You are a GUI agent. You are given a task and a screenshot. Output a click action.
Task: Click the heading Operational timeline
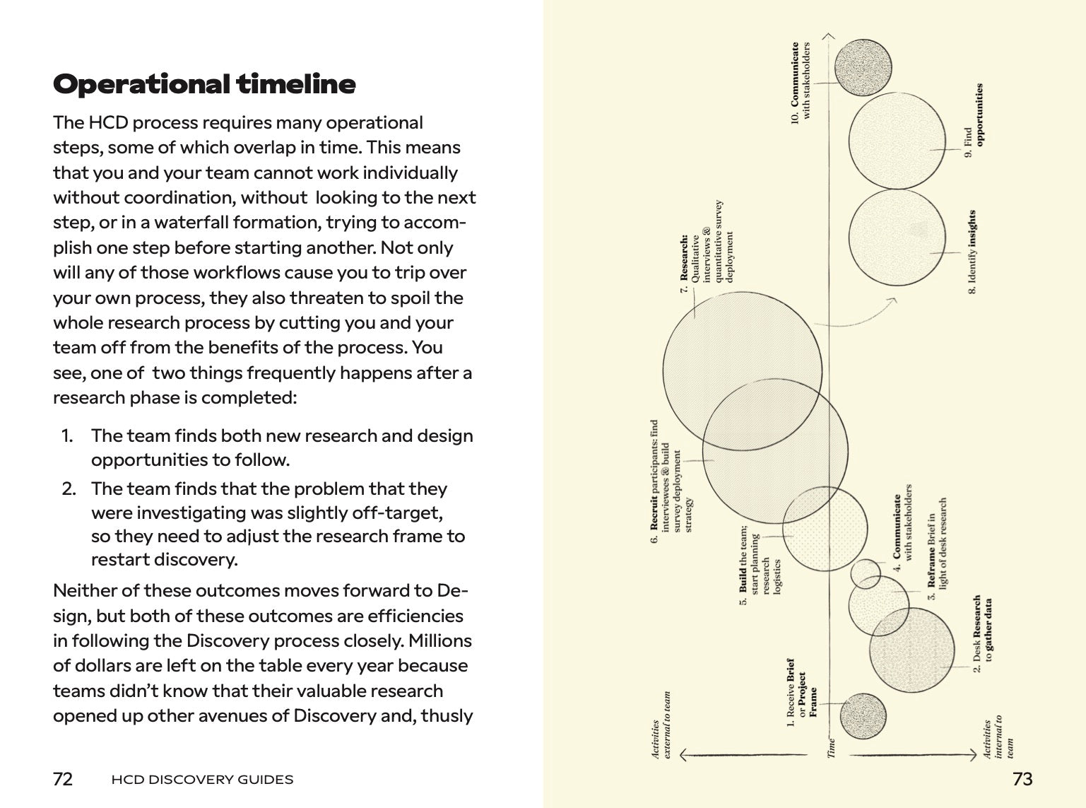pos(204,84)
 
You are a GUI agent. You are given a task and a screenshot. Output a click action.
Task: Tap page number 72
pos(63,779)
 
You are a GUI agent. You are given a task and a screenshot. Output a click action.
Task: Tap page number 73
pos(1022,779)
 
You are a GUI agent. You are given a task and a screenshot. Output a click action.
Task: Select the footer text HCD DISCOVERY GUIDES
pos(202,780)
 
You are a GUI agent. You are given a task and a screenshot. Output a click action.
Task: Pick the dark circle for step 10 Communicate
pos(860,68)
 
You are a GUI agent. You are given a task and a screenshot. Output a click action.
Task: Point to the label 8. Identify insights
pos(973,252)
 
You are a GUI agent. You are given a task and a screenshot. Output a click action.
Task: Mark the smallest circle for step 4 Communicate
pos(865,573)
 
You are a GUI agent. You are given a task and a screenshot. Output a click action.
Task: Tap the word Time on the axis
pos(832,748)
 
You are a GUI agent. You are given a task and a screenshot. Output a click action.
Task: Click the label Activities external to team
pos(661,725)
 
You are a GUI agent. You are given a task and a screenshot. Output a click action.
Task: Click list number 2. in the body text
pos(69,488)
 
